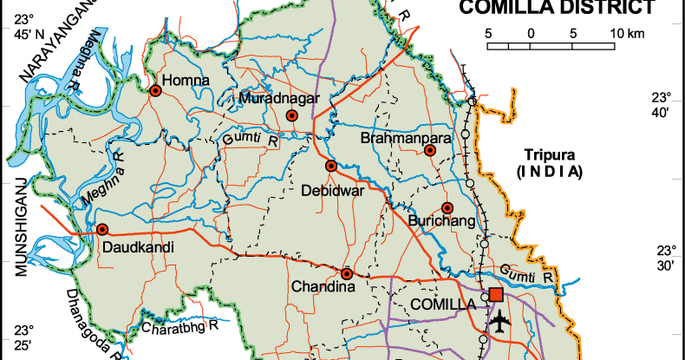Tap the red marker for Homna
point(155,90)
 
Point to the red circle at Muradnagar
point(292,115)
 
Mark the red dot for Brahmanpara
point(430,151)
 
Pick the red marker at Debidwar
point(330,166)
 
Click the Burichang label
point(441,223)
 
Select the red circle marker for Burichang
point(447,207)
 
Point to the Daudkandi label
point(139,248)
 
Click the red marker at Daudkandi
point(102,230)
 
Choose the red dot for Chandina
point(347,274)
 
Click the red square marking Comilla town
point(495,295)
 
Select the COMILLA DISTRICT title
point(556,10)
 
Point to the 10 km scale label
point(627,34)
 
